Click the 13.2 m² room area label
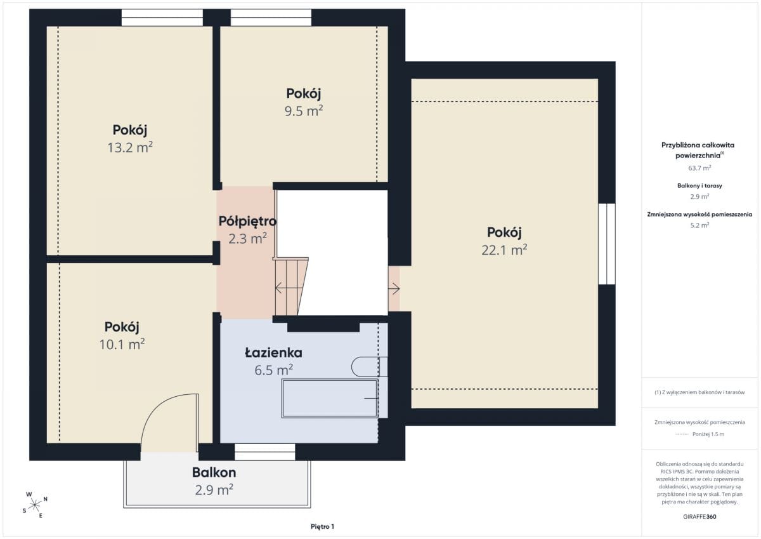click(130, 147)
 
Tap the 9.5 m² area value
click(304, 111)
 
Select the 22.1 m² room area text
click(504, 250)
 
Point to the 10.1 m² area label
click(122, 344)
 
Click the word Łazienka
click(273, 352)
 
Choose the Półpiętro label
click(247, 222)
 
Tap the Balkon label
click(214, 472)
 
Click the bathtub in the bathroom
click(330, 398)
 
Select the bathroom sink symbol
click(369, 366)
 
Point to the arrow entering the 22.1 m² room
click(394, 289)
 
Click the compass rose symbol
click(35, 505)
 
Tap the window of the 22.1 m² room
click(607, 244)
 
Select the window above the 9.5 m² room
click(271, 17)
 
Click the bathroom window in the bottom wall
click(264, 452)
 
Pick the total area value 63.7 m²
click(699, 168)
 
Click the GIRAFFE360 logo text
click(699, 517)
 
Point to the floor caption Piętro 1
click(322, 526)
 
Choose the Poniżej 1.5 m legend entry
click(708, 434)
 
